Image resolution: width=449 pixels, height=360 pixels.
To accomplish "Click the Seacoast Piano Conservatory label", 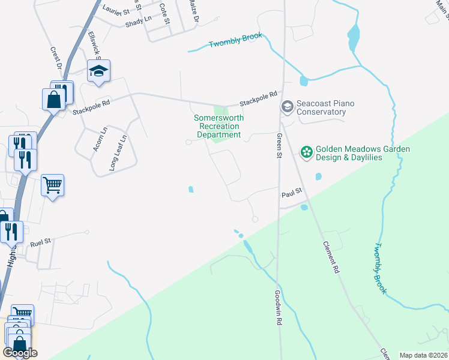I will [x=322, y=108].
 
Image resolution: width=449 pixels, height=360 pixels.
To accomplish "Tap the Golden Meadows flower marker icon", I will [x=307, y=152].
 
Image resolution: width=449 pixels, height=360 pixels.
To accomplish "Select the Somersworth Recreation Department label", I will [x=218, y=127].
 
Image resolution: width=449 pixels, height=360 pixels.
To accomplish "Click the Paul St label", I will [x=291, y=194].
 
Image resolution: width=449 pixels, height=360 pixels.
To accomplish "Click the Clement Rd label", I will [x=331, y=259].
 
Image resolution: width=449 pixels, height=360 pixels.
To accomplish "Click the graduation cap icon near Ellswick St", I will [x=98, y=71].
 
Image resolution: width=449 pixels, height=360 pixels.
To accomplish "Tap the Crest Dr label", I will [x=56, y=58].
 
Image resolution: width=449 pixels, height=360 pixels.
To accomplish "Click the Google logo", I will [x=20, y=353].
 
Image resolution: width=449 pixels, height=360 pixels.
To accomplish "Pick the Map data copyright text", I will [x=423, y=355].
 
